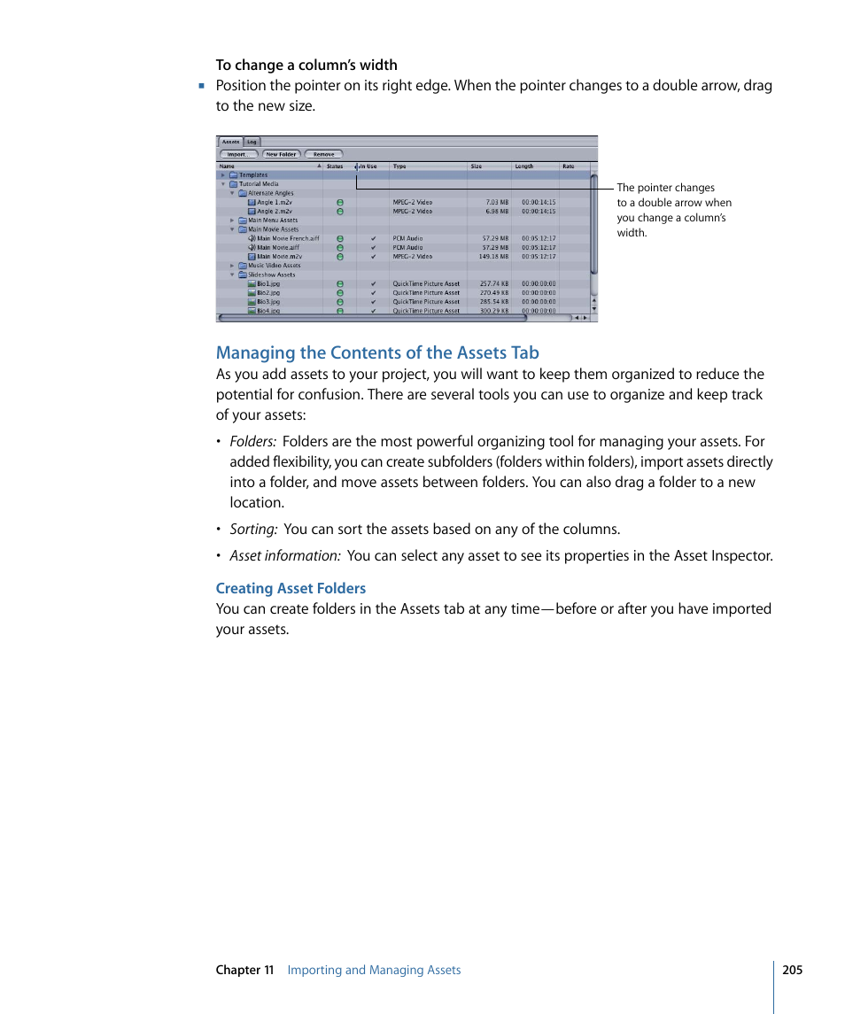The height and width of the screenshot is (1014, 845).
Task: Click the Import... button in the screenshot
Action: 237,154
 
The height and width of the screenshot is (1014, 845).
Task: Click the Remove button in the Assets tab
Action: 323,154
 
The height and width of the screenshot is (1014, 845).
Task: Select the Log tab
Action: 252,142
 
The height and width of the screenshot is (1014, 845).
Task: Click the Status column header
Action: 335,166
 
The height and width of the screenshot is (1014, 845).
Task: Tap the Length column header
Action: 524,166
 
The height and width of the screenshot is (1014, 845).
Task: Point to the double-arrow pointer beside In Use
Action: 356,166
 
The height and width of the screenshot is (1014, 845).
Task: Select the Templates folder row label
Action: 253,175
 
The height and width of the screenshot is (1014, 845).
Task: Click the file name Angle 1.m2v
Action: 274,203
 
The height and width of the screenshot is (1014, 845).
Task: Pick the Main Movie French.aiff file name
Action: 288,238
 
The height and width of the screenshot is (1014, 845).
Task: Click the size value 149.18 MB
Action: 494,257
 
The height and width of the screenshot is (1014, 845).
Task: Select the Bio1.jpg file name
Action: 268,284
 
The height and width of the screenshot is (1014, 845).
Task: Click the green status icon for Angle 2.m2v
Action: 340,212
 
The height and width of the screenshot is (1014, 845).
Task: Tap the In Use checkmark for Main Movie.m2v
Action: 373,257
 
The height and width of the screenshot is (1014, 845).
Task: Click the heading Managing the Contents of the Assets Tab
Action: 377,352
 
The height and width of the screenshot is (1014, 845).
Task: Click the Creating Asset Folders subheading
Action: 291,588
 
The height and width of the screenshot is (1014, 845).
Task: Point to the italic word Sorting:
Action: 253,530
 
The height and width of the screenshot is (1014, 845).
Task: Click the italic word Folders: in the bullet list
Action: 252,442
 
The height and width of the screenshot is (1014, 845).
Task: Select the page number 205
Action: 792,970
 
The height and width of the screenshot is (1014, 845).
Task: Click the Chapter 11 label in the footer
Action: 244,970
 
